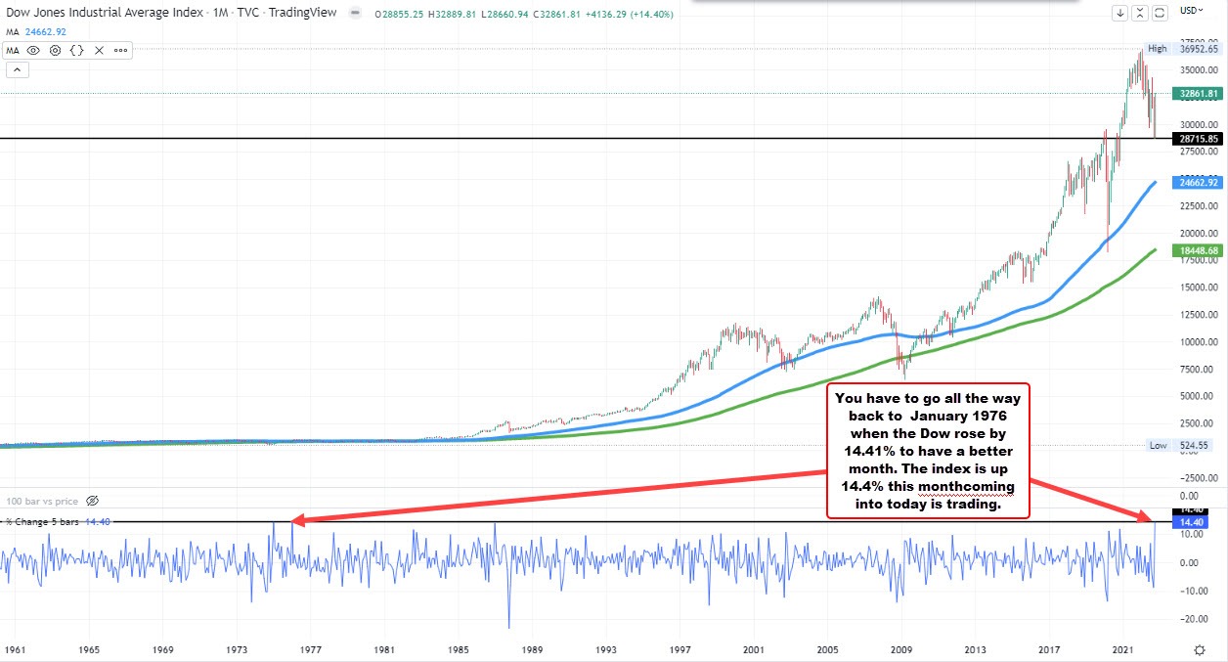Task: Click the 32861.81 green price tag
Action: coord(1198,94)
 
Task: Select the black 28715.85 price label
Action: coord(1198,139)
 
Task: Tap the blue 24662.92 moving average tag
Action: coord(1198,183)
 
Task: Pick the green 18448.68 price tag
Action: coord(1198,251)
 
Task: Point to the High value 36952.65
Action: coord(1198,49)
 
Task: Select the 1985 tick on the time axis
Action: coord(460,649)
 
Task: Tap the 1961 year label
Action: coord(15,649)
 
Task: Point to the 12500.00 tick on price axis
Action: coord(1198,315)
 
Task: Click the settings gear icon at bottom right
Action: coord(1199,649)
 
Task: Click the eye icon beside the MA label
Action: coord(34,50)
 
